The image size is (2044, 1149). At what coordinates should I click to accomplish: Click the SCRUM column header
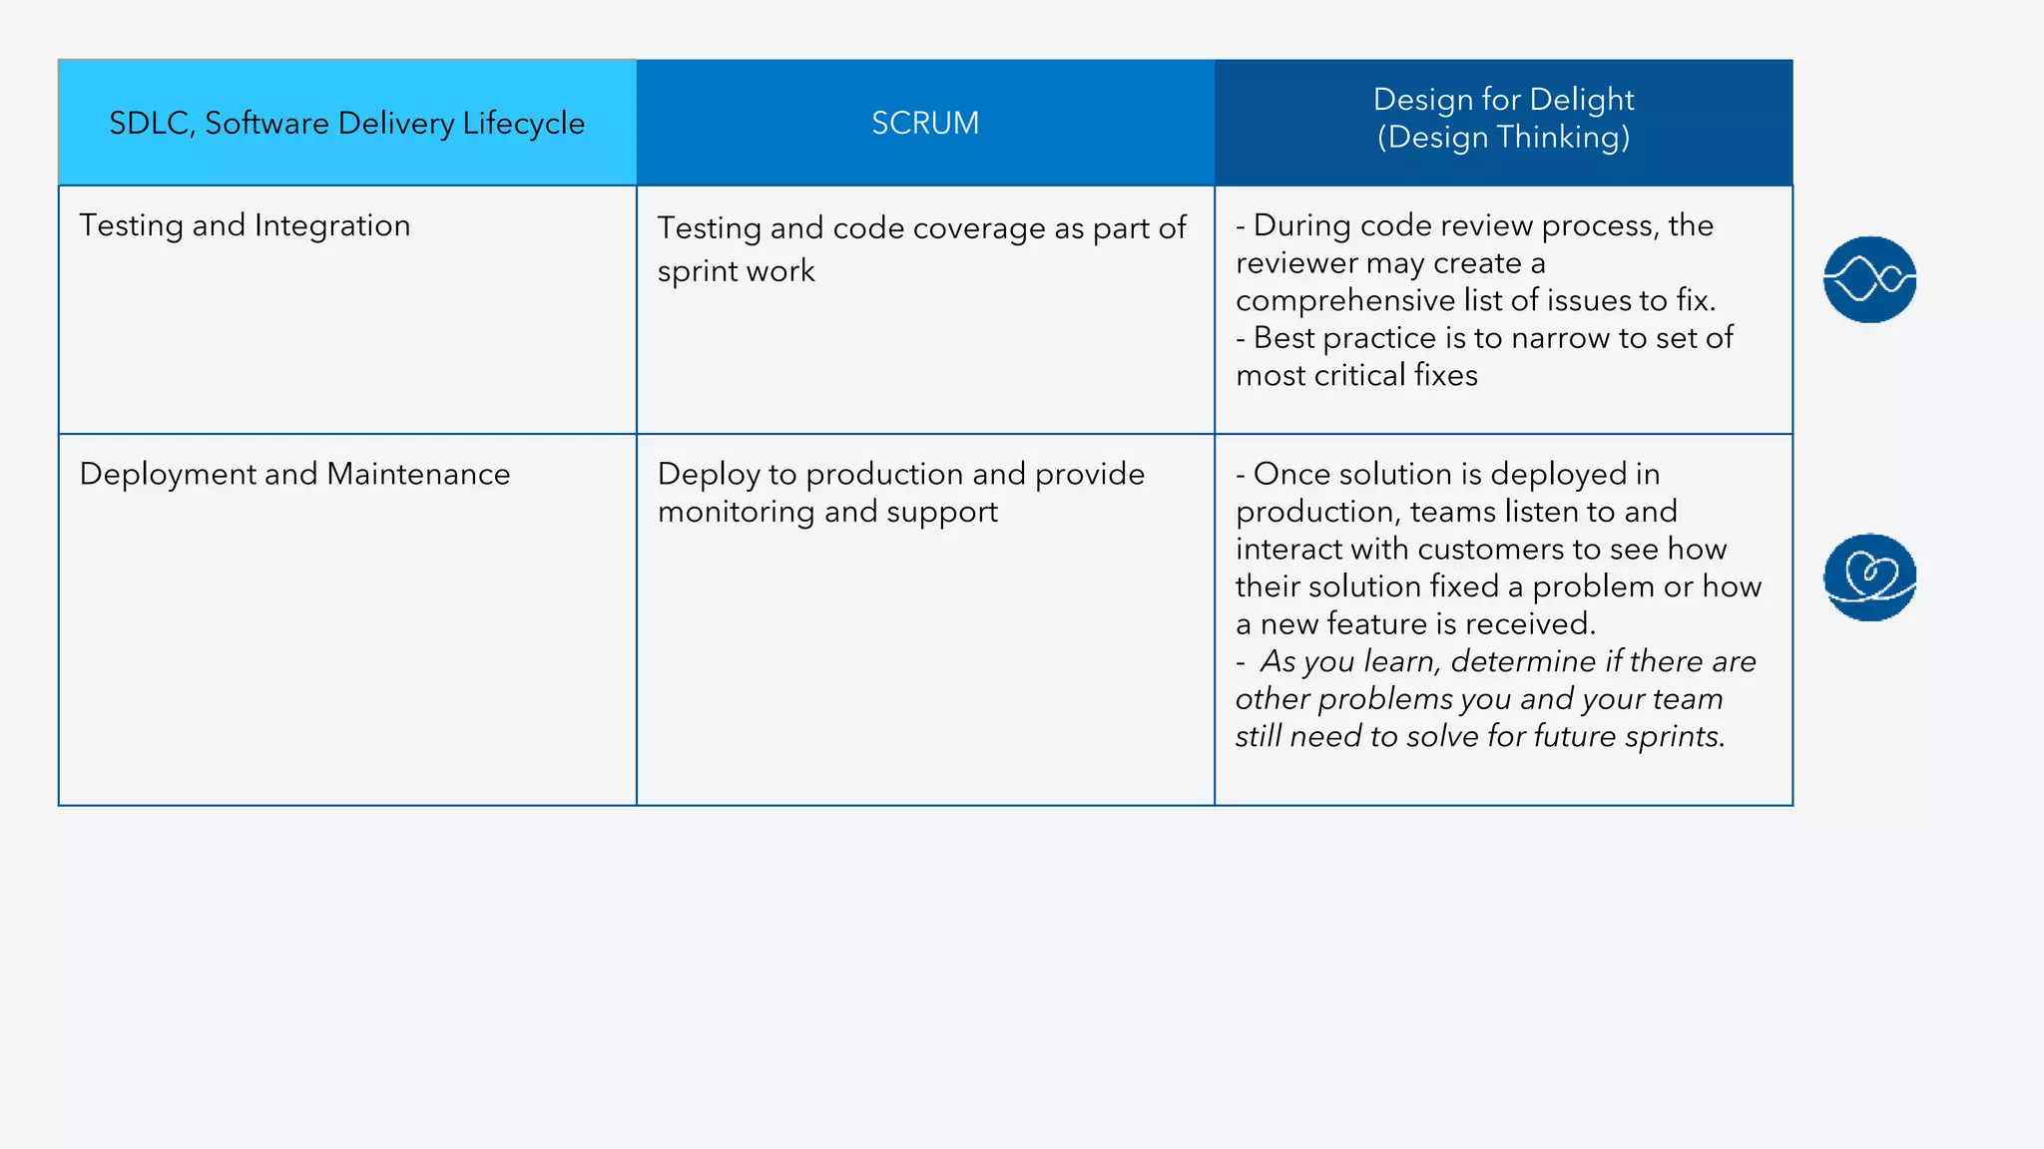[x=925, y=123]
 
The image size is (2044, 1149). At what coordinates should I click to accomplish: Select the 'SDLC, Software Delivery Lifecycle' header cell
[x=346, y=123]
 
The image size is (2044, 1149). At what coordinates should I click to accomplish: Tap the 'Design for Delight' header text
[x=1503, y=100]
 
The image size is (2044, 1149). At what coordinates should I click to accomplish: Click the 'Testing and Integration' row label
[x=245, y=225]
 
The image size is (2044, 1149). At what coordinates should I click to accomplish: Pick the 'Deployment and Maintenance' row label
[x=294, y=474]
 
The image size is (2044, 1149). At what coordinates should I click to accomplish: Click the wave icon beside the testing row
[x=1869, y=279]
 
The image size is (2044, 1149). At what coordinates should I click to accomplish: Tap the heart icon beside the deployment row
[x=1869, y=576]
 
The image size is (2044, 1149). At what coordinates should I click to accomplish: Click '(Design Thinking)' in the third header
[x=1503, y=137]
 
